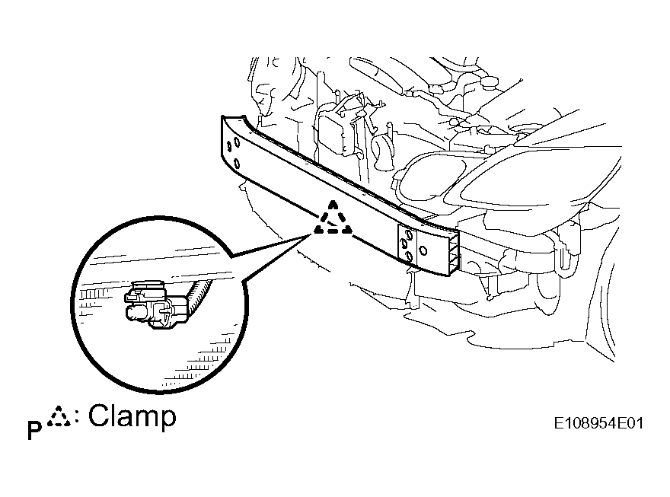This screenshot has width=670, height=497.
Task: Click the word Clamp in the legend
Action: click(x=132, y=416)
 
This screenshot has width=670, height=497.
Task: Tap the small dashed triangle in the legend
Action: click(x=59, y=417)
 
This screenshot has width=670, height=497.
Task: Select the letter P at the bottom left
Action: click(x=34, y=430)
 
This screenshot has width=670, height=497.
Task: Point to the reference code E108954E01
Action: click(x=598, y=424)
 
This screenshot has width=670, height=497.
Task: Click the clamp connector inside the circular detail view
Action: click(x=156, y=305)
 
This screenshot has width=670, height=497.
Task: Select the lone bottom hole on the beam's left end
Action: click(x=237, y=164)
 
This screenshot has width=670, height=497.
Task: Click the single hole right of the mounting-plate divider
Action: click(x=423, y=250)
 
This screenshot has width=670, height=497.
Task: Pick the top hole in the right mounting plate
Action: click(x=409, y=234)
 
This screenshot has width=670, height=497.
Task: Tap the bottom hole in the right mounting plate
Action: click(x=409, y=256)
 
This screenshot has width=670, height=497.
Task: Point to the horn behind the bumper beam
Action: click(x=381, y=151)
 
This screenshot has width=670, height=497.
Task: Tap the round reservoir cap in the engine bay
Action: click(x=490, y=81)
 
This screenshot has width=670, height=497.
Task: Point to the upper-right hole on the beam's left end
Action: click(x=237, y=142)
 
